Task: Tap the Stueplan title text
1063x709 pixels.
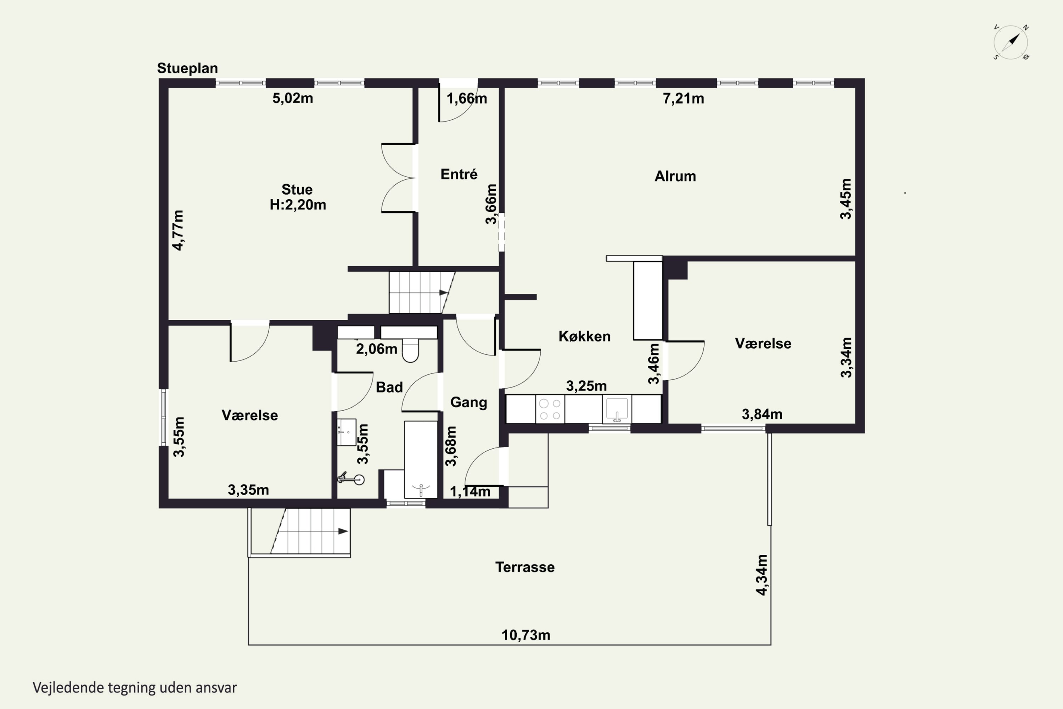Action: point(187,68)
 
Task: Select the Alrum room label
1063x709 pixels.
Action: point(675,176)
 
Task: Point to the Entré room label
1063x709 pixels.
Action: point(459,174)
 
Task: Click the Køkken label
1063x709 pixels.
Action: point(584,336)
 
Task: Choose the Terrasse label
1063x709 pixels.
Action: point(525,567)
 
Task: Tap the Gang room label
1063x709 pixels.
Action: point(469,402)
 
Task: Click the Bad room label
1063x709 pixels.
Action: point(389,387)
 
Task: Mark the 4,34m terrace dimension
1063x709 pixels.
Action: point(762,575)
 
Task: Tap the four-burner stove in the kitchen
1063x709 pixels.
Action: point(550,409)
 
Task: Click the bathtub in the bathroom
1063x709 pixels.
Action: point(421,460)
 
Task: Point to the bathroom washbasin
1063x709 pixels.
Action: point(346,432)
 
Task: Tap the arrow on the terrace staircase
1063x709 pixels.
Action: point(343,531)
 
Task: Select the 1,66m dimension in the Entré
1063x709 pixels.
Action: point(467,99)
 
